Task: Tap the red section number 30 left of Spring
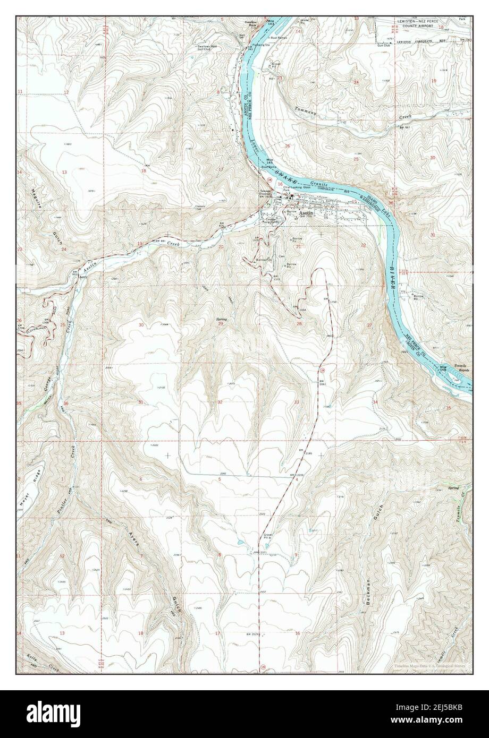pos(141,325)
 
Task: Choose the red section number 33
pos(297,402)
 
